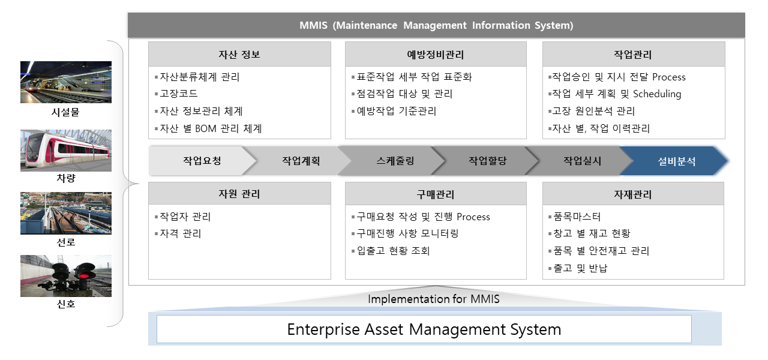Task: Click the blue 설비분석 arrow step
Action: (674, 161)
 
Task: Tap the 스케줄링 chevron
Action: (395, 161)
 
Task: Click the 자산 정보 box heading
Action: (239, 54)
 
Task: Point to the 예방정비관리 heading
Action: (436, 54)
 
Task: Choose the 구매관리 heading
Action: (436, 194)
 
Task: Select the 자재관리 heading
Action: (633, 194)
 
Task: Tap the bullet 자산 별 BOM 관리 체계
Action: (208, 128)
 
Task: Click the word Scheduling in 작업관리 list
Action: (657, 94)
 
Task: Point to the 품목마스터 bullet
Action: (575, 217)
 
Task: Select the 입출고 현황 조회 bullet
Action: (391, 251)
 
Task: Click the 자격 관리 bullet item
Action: (178, 233)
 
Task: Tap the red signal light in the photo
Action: (83, 275)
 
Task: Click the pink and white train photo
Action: (66, 150)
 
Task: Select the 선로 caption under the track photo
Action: (66, 242)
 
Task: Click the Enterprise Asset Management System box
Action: (424, 329)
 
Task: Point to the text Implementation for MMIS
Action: (433, 299)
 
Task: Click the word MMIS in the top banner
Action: (313, 25)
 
